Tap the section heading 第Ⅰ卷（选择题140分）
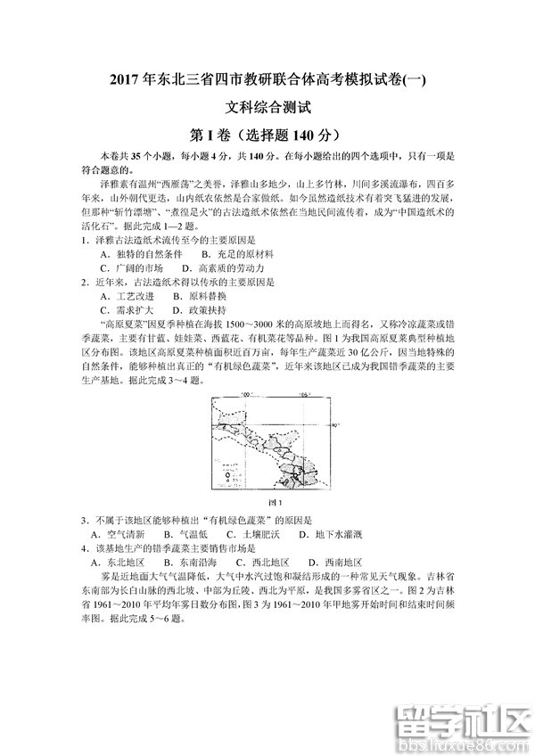pyautogui.click(x=267, y=136)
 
